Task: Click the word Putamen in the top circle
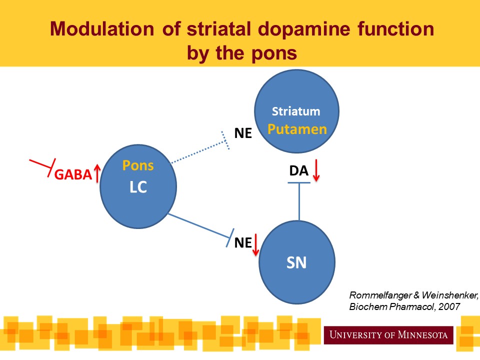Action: click(297, 129)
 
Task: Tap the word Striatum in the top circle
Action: click(296, 111)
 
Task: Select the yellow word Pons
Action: click(138, 165)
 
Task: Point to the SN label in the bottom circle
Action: click(296, 262)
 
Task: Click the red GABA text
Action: click(73, 174)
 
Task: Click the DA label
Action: click(298, 171)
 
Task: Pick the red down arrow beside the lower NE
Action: click(255, 244)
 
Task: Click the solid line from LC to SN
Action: click(200, 224)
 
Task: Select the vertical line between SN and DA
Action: click(299, 202)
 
